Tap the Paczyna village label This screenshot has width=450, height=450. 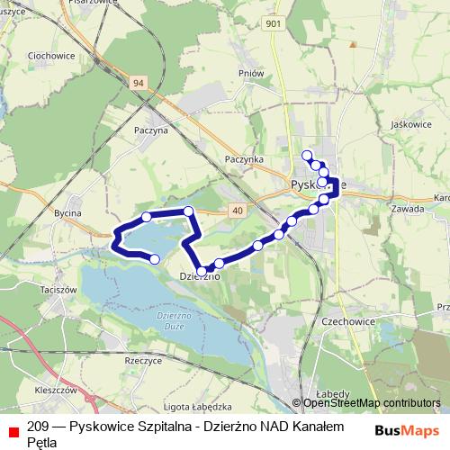pos(150,130)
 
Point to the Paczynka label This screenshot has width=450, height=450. pos(245,159)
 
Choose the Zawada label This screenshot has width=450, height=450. pos(407,208)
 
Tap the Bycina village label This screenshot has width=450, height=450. pos(67,213)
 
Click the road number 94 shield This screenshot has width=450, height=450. pos(137,82)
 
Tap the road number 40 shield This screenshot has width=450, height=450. pos(237,210)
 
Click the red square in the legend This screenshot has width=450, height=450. pos(13,431)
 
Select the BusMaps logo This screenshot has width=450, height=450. pos(407,430)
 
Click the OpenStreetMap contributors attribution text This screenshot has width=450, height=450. pos(372,403)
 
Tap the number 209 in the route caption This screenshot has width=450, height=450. pos(38,426)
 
